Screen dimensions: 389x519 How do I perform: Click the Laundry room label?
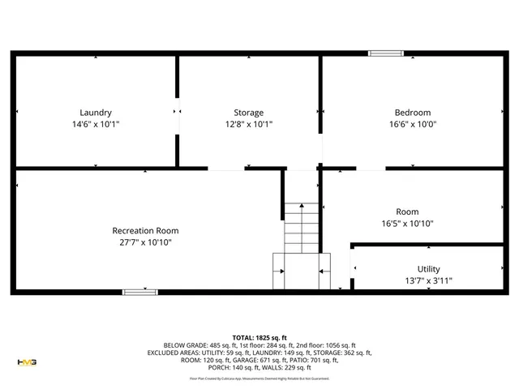pos(96,113)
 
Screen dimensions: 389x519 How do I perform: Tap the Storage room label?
pos(248,113)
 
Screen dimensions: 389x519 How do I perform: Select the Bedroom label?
pos(413,113)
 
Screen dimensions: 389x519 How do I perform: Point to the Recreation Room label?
pos(145,231)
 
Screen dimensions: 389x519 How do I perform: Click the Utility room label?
pos(428,269)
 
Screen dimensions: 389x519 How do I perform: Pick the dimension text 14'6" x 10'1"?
pos(96,125)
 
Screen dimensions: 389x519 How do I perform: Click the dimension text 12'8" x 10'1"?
pos(248,125)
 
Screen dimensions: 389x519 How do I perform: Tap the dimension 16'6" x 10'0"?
pos(413,125)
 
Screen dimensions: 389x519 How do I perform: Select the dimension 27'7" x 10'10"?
pos(145,242)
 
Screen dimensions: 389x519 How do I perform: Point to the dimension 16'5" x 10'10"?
pos(407,224)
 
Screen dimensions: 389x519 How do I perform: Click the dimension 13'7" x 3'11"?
pos(428,280)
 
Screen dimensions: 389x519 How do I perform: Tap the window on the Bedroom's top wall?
pos(386,54)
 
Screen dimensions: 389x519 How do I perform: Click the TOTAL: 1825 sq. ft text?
pos(259,337)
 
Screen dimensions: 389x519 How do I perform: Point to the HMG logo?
pos(27,361)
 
